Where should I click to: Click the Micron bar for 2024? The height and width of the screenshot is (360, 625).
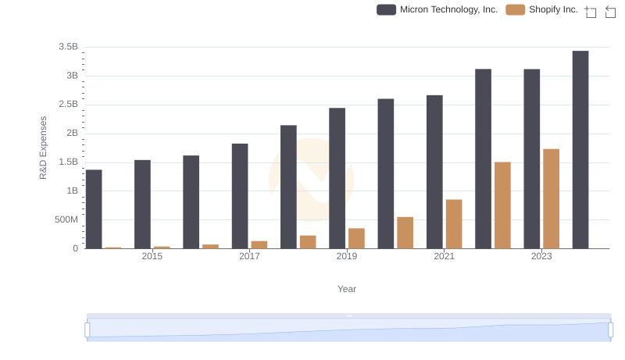tap(580, 150)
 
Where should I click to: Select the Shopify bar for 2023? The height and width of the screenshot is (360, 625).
tap(552, 199)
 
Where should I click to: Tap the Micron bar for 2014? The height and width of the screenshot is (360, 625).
tap(94, 209)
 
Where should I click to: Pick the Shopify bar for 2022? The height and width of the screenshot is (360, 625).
tap(502, 205)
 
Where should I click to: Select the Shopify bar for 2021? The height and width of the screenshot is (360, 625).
tap(454, 224)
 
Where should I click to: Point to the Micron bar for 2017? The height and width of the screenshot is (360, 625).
tap(240, 196)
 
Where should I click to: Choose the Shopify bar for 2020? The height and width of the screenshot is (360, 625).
tap(405, 233)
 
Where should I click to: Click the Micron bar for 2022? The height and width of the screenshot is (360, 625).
tap(483, 159)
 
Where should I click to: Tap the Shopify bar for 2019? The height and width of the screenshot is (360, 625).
tap(356, 238)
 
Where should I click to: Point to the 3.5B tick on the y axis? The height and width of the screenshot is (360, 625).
tap(69, 47)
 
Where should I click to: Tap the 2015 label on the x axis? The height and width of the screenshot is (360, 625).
tap(152, 256)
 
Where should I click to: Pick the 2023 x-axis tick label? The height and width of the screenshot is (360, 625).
tap(541, 256)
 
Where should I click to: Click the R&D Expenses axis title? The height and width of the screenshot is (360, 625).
tap(44, 148)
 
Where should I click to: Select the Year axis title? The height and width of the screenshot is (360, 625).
tap(347, 289)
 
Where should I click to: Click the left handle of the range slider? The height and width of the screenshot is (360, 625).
tap(87, 330)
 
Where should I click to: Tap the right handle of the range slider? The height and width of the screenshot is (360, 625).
tap(610, 330)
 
